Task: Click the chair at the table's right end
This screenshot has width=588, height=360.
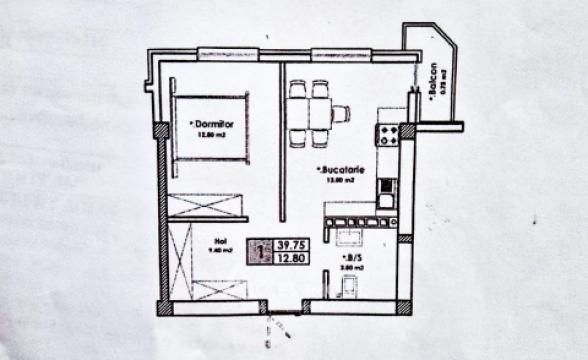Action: click(341, 113)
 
